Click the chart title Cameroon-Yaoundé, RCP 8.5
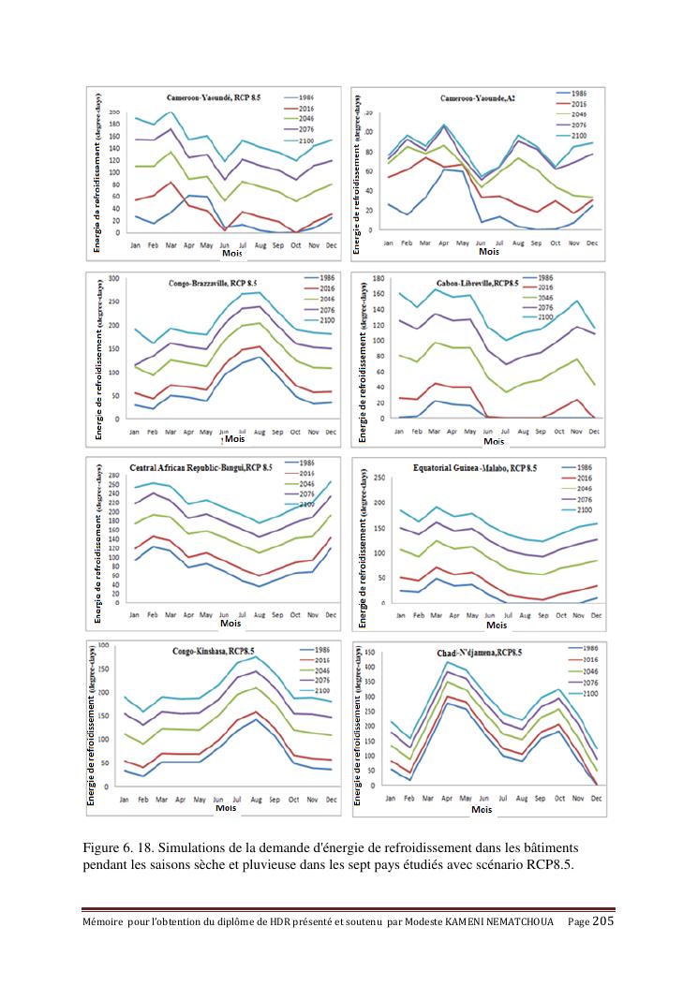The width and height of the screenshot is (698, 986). click(x=218, y=97)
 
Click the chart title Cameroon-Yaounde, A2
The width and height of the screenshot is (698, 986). click(x=477, y=98)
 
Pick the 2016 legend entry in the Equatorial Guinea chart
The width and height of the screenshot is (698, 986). click(x=582, y=477)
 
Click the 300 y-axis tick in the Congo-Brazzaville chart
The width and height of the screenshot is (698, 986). click(x=113, y=278)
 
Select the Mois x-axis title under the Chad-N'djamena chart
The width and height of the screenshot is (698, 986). click(x=482, y=809)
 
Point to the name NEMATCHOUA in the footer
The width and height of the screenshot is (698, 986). click(x=522, y=923)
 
